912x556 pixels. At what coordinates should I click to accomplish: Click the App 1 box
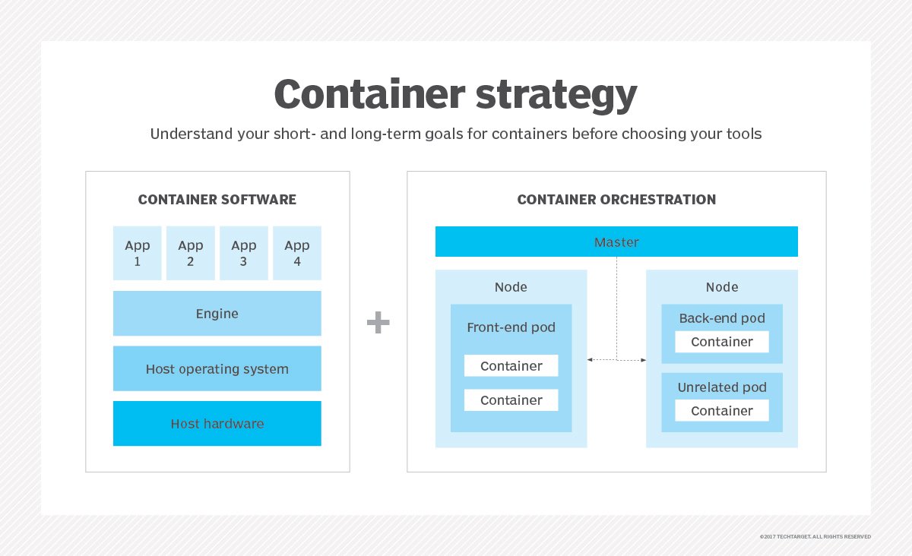tap(138, 253)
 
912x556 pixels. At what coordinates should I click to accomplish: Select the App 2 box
tap(191, 253)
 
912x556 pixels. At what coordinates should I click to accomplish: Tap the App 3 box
tap(244, 253)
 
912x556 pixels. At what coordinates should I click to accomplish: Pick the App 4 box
tap(297, 253)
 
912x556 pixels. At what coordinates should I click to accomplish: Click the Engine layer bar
tap(217, 313)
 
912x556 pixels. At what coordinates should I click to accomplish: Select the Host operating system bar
tap(217, 369)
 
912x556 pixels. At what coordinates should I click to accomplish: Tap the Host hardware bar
tap(217, 424)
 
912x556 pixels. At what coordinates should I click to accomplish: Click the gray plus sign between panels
tap(378, 323)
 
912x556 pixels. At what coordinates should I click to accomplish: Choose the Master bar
tap(616, 242)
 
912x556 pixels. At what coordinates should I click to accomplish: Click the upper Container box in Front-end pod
tap(511, 366)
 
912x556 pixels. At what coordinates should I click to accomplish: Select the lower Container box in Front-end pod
tap(511, 400)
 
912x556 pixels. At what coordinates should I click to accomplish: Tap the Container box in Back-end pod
tap(722, 342)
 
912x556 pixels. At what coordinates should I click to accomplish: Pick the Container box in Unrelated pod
tap(722, 411)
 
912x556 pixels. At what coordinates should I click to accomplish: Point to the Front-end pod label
tap(511, 328)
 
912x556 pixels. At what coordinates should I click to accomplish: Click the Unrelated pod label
tap(722, 387)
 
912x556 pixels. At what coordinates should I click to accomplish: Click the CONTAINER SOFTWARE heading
tap(217, 201)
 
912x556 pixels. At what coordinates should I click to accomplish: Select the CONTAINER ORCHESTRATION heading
tap(616, 201)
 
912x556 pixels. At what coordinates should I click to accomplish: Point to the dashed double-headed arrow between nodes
tap(616, 359)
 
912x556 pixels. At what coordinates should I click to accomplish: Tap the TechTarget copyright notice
tap(815, 537)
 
